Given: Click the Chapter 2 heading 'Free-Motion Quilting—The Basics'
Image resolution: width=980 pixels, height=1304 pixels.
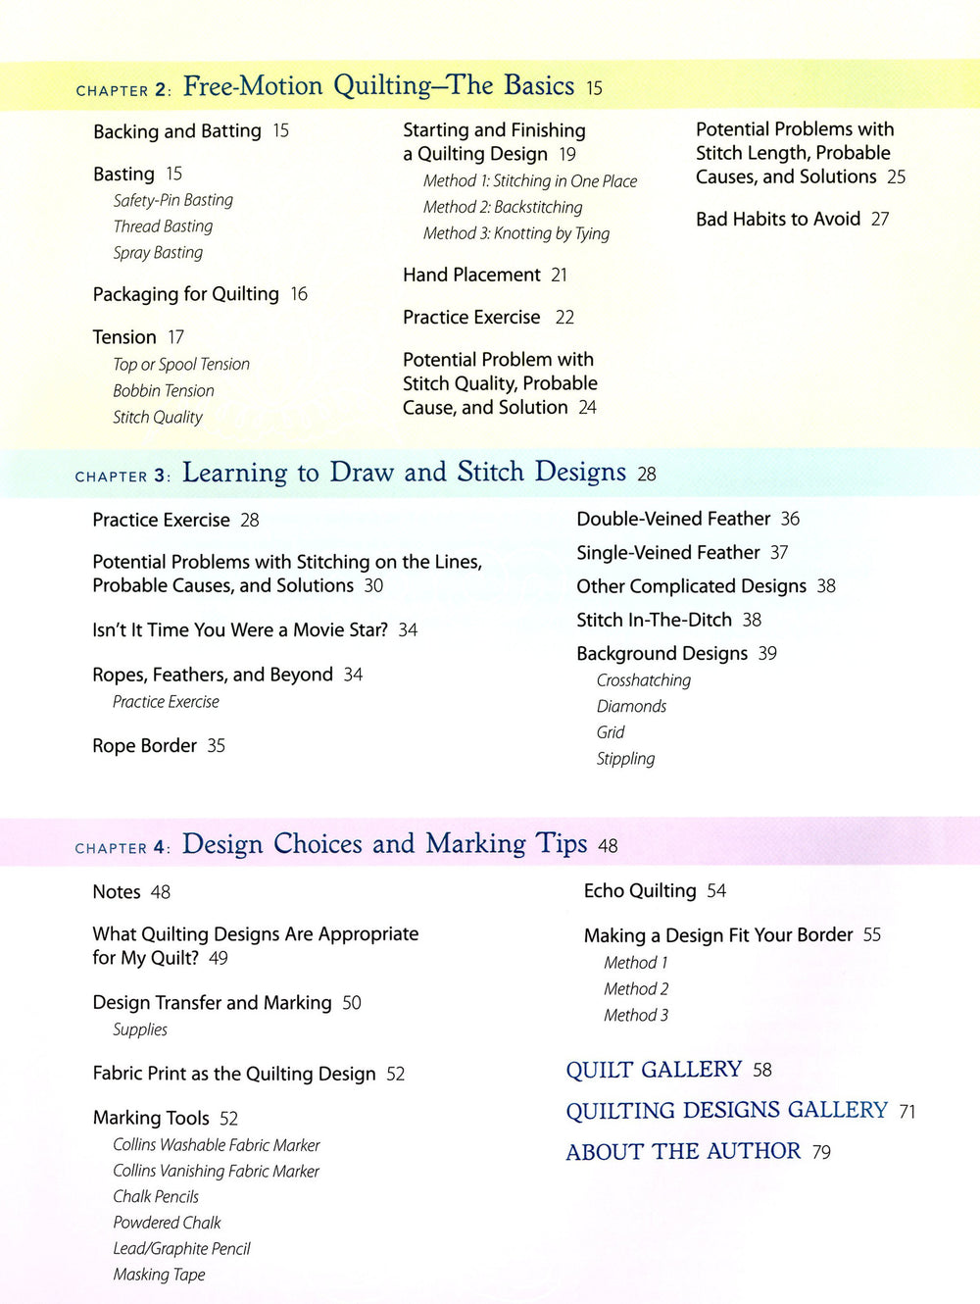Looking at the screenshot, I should (x=378, y=86).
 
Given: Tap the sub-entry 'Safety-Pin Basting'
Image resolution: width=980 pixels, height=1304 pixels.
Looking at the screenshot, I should (x=172, y=200).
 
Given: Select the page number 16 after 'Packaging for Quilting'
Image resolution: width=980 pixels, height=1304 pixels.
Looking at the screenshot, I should (x=299, y=294).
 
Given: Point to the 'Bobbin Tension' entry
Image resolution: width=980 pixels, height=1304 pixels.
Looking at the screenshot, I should (x=163, y=390).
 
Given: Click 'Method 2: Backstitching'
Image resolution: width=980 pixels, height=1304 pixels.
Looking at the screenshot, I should (x=503, y=207).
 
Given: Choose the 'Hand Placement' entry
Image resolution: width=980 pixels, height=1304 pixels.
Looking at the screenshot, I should (x=471, y=276).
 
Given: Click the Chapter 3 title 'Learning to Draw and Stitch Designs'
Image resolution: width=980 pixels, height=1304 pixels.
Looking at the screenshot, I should (x=404, y=473).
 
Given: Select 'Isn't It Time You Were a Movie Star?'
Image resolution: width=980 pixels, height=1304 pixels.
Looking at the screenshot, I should (x=240, y=630).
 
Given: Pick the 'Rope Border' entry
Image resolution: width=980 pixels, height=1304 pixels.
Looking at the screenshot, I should (x=144, y=746).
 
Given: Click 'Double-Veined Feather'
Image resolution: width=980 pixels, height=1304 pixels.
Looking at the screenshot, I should (x=673, y=519).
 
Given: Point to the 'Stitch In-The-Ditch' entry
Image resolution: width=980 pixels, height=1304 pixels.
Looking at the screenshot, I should (x=654, y=620).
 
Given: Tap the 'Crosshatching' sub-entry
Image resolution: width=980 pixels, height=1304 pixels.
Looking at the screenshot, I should (x=643, y=680).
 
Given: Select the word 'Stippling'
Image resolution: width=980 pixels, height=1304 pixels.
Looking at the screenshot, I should (x=625, y=759).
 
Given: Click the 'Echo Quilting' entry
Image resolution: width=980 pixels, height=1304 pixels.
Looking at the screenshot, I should (x=640, y=891).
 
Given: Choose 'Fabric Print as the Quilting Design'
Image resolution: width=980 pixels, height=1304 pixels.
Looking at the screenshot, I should (x=234, y=1075).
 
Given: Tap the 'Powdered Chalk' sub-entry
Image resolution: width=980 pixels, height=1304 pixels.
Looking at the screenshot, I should (x=167, y=1223).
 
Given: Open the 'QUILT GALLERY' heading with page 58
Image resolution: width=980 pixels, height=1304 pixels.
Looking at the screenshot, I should (x=654, y=1070).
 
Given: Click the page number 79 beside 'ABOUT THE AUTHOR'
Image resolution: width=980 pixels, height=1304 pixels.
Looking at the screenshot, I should (x=821, y=1153).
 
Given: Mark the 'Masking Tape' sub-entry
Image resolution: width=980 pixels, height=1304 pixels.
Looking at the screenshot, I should (x=159, y=1275).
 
